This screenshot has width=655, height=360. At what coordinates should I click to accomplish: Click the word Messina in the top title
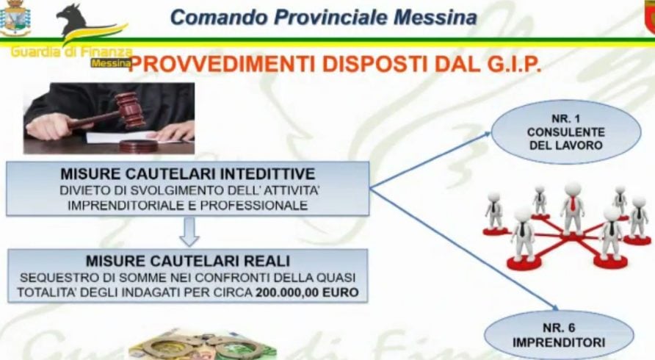point(435,17)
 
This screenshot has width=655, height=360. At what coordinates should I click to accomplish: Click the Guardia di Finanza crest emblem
point(15,18)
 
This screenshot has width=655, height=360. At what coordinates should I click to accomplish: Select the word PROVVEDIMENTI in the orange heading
point(223,65)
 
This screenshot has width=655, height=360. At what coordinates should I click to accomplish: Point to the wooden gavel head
point(130,109)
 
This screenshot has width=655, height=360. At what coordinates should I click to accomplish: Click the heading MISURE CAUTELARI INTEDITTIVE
point(188,173)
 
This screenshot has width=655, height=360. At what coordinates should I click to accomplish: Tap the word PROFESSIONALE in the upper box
point(254,206)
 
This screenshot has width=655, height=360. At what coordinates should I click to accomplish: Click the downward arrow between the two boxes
point(189,232)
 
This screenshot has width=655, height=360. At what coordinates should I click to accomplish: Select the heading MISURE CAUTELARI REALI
point(188,261)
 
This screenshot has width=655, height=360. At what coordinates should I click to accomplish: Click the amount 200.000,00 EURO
point(308,292)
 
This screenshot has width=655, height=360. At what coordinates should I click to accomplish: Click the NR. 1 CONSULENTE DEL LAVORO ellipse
point(566,132)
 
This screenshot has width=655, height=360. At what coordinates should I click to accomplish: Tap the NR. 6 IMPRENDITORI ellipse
point(559,335)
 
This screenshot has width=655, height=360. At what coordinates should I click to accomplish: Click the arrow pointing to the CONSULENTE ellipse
point(430,161)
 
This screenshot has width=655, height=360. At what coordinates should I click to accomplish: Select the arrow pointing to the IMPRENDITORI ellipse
point(465,250)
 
